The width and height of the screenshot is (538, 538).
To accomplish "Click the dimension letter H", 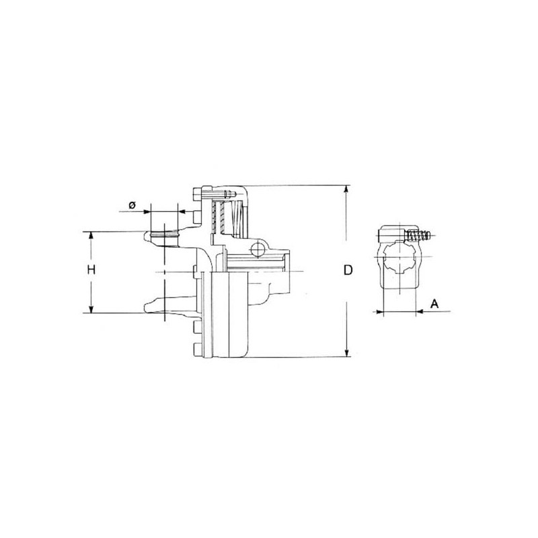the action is point(91,270).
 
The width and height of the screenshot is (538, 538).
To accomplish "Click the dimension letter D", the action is point(348,270).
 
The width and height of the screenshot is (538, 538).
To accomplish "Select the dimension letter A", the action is point(434,304).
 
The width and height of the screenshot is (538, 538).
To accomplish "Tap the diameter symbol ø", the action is point(132,205).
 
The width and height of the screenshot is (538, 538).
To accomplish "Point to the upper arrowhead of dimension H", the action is point(91,235).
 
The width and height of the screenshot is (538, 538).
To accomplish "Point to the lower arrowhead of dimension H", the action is point(91,309).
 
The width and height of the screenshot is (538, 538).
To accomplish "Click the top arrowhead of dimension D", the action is point(347,189).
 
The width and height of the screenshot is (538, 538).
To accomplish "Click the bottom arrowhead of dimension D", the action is point(347,353).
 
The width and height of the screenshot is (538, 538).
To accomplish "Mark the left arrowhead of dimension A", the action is point(379,311).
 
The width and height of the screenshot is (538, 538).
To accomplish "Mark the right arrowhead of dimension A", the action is point(419,311).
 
